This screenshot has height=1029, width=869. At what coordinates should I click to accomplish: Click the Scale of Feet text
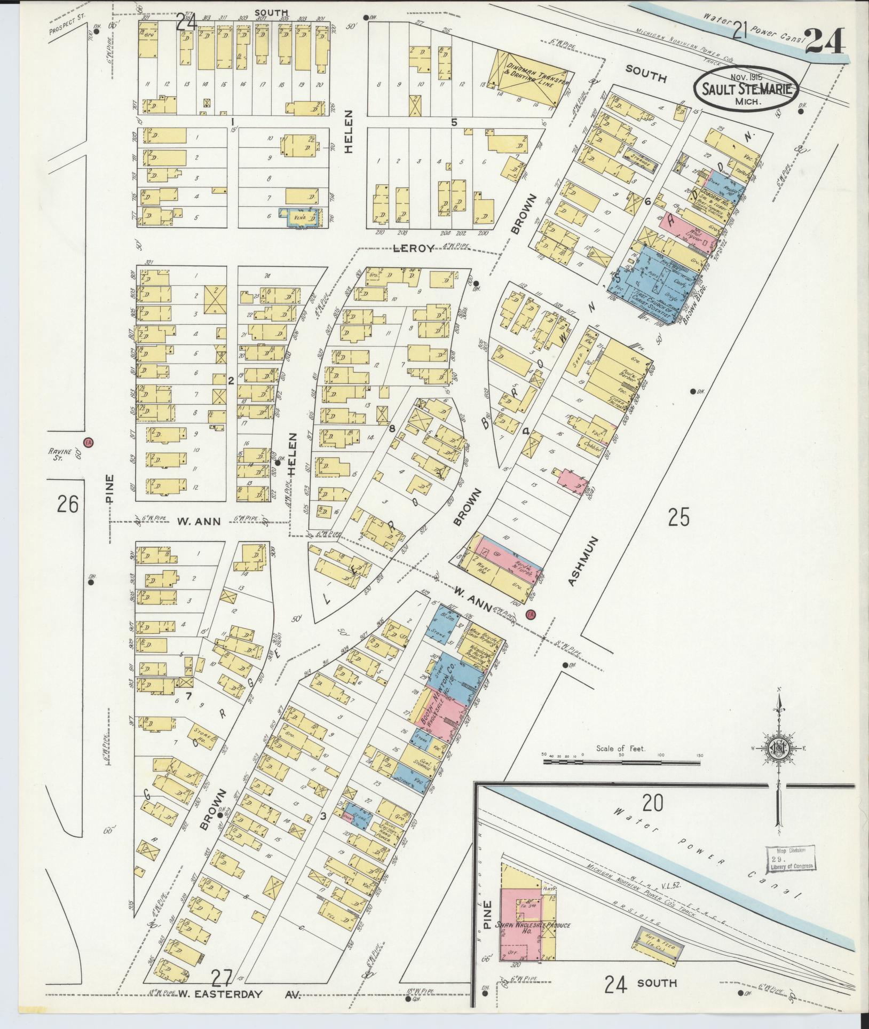point(621,749)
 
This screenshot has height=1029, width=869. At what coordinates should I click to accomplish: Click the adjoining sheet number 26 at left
point(68,504)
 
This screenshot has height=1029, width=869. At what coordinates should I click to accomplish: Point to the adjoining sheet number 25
point(678,517)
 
